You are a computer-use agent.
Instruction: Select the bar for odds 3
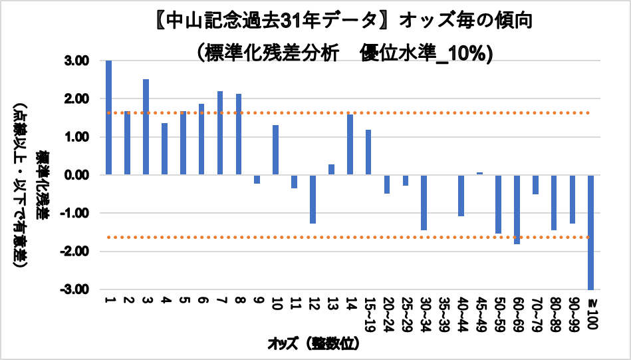coord(146,127)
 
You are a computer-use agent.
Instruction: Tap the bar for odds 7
coord(220,133)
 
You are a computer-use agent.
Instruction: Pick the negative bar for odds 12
coord(313,199)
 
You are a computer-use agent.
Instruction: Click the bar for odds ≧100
coord(591,232)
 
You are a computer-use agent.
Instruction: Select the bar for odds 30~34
coord(424,202)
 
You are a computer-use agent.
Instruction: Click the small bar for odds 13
coord(331,170)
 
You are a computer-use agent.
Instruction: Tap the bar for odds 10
coord(275,150)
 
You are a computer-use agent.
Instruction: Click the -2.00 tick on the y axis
coord(76,252)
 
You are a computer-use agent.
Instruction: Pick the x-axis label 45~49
coord(479,313)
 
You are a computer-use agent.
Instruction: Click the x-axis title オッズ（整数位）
coord(313,344)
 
